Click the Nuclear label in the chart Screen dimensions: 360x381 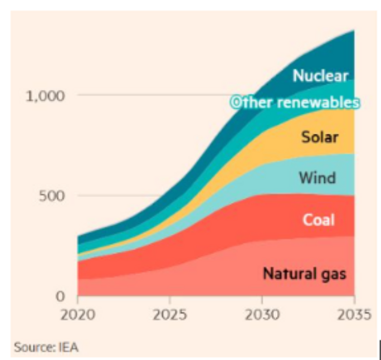pyautogui.click(x=320, y=76)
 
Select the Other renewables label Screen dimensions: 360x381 pyautogui.click(x=295, y=103)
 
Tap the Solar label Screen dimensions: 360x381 pyautogui.click(x=320, y=137)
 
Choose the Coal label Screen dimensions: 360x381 pyautogui.click(x=319, y=220)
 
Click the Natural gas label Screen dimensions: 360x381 pyautogui.click(x=304, y=274)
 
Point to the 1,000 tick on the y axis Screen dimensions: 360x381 pyautogui.click(x=45, y=95)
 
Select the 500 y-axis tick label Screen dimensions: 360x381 pyautogui.click(x=52, y=196)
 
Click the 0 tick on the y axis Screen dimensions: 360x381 pyautogui.click(x=62, y=296)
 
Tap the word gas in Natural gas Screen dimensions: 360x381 pyautogui.click(x=334, y=274)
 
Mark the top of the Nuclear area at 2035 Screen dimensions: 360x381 pyautogui.click(x=354, y=31)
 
